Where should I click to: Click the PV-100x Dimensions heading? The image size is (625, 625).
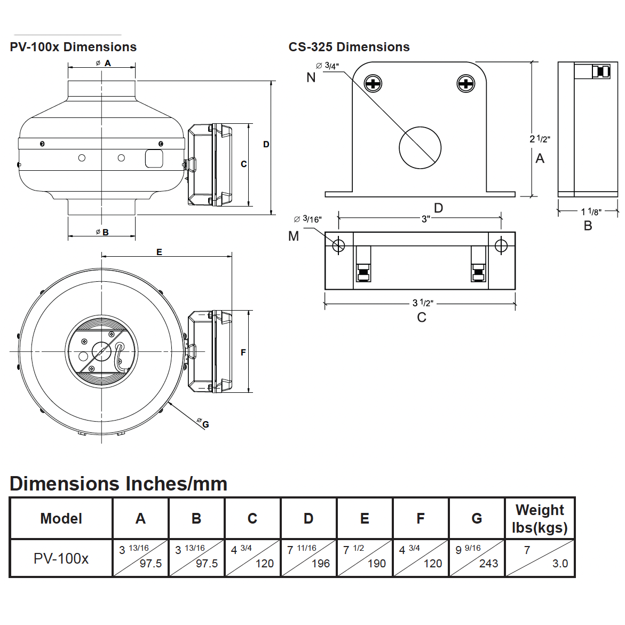[73, 47]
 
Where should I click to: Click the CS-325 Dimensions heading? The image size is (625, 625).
[349, 47]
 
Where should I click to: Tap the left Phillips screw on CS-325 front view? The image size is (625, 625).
[373, 83]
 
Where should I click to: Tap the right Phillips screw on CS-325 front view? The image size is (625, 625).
[466, 83]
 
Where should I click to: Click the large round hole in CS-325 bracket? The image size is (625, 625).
[420, 148]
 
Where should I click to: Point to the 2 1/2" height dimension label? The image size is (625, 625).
[540, 139]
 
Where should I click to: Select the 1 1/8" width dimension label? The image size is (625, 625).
[591, 212]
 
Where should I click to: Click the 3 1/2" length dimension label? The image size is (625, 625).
[423, 303]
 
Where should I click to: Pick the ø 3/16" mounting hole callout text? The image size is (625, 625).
[308, 219]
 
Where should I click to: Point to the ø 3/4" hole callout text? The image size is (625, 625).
[327, 66]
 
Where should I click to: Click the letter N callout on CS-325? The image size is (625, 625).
[311, 78]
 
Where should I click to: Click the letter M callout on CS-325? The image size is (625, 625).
[294, 236]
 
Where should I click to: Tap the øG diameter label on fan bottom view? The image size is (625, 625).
[203, 424]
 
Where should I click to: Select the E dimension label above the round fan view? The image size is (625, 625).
[159, 252]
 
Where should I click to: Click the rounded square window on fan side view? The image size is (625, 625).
[154, 159]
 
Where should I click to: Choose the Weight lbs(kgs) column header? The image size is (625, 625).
[540, 518]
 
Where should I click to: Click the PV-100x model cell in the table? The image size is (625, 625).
[61, 558]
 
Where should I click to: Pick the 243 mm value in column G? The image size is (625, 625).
[488, 564]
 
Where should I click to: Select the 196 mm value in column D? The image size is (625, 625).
[320, 564]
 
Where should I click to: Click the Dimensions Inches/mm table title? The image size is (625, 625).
[118, 484]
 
